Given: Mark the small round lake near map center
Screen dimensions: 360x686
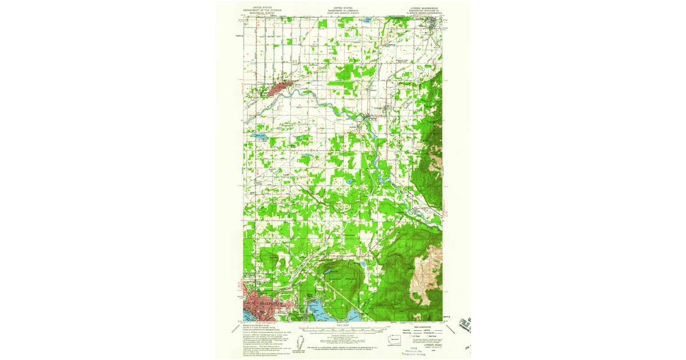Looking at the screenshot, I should tap(349, 183).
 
